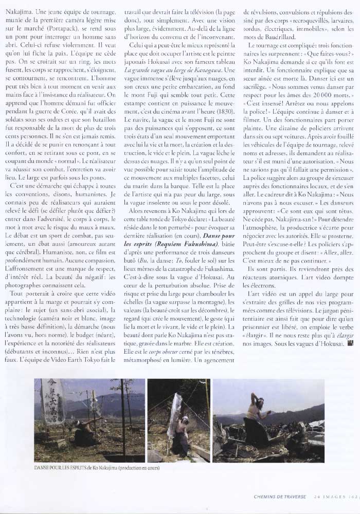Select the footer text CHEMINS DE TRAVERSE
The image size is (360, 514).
point(280,497)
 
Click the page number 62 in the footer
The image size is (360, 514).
point(353,497)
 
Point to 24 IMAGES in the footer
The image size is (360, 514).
point(329,497)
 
